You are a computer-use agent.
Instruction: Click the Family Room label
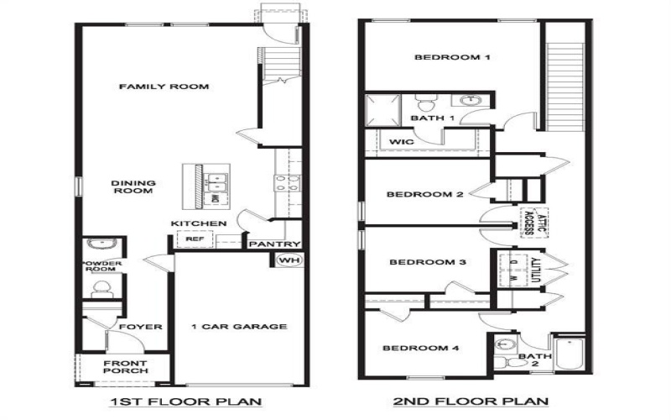[163, 87]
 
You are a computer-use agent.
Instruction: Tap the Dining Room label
[133, 186]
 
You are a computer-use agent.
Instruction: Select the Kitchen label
[199, 223]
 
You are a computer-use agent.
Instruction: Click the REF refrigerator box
[195, 239]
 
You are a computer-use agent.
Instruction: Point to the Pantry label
[272, 244]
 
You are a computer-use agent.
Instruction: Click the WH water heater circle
[286, 260]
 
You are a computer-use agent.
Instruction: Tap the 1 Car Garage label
[239, 327]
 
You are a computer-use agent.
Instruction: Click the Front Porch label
[126, 367]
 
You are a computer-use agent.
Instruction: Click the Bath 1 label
[433, 118]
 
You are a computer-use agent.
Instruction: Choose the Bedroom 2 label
[424, 195]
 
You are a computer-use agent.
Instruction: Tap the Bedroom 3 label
[428, 262]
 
